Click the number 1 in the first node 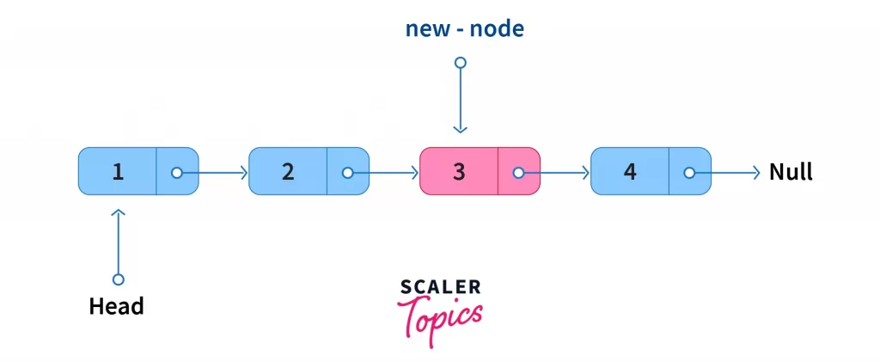(117, 172)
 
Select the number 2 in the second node (288, 172)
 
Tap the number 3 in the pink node (459, 172)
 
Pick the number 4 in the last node (630, 172)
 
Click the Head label (117, 306)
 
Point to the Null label (791, 172)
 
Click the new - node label (464, 29)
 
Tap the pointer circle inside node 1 (176, 172)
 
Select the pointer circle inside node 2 (347, 172)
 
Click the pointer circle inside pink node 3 (518, 172)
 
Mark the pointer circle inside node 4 (689, 172)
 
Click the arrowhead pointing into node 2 (243, 172)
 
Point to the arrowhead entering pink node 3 (414, 172)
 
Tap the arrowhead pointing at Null (756, 172)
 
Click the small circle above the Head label (119, 279)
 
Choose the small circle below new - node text (461, 63)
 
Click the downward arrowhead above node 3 (461, 129)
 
